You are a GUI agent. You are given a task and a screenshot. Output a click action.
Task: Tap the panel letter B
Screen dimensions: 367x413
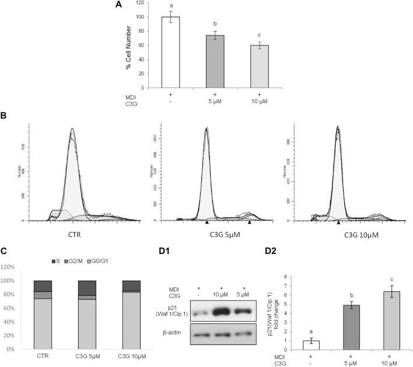pyautogui.click(x=4, y=115)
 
